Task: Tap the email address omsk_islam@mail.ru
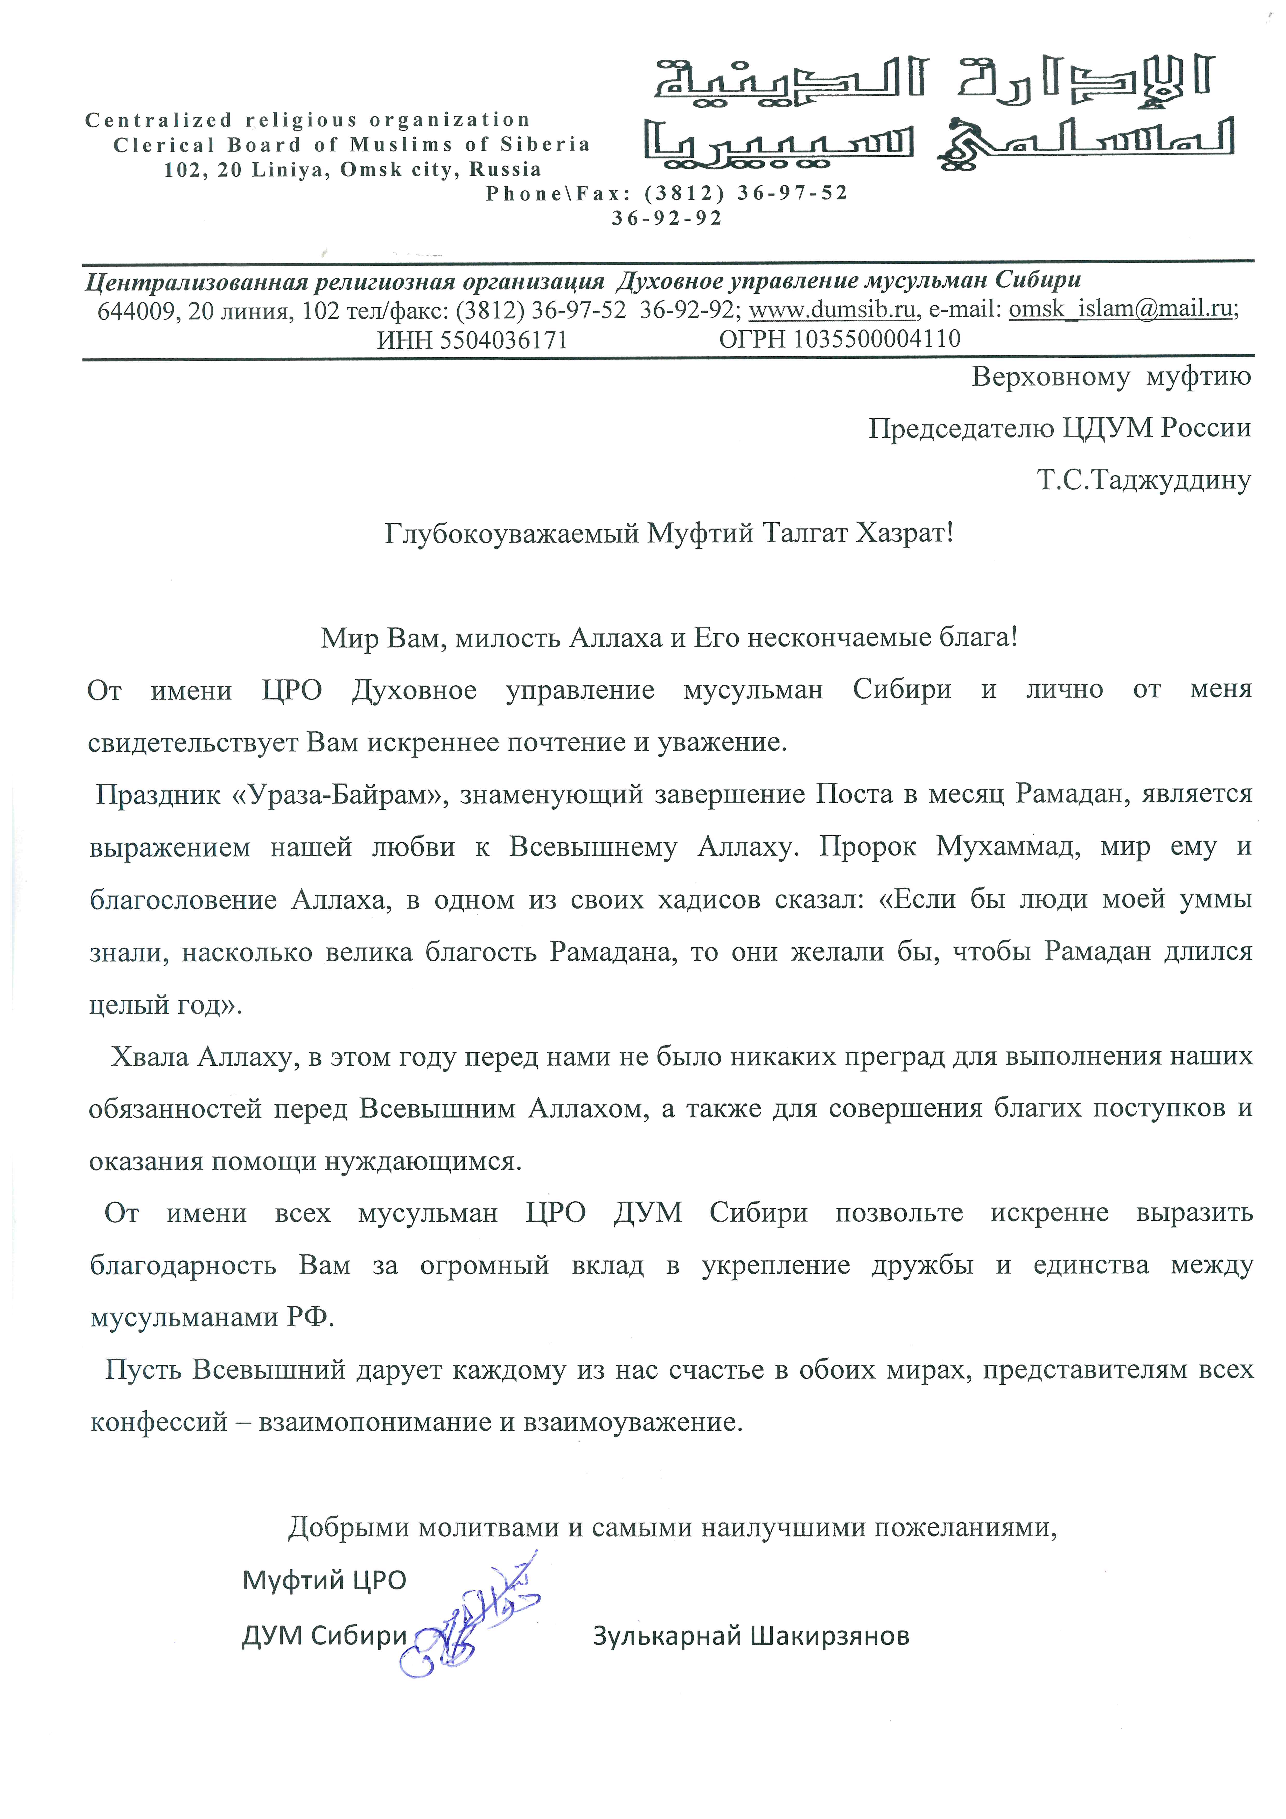[x=1121, y=309]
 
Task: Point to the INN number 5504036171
[x=504, y=340]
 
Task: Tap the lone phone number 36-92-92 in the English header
[x=667, y=219]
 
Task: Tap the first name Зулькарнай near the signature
[x=667, y=1635]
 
